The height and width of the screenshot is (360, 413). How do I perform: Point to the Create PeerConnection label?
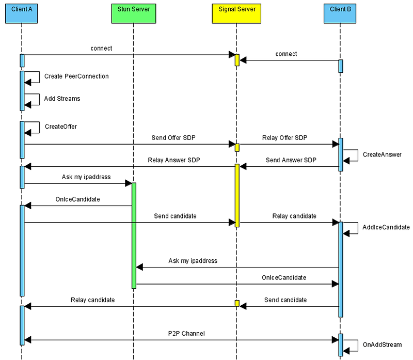(76, 76)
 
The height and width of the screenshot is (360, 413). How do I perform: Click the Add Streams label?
(62, 99)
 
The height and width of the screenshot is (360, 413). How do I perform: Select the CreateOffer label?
(60, 127)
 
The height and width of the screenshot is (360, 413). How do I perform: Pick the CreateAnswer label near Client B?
(382, 154)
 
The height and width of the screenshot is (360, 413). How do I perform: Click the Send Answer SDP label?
(291, 161)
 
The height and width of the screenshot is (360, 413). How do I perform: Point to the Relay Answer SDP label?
(173, 161)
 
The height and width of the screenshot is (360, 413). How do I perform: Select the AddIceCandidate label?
(386, 227)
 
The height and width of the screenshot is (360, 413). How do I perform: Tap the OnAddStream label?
(382, 345)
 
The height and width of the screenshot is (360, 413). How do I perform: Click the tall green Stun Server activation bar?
(134, 235)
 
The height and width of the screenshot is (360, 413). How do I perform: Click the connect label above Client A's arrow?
(101, 49)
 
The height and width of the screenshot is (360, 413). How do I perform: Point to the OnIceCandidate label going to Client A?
(77, 199)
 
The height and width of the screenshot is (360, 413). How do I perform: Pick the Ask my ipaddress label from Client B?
(193, 261)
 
